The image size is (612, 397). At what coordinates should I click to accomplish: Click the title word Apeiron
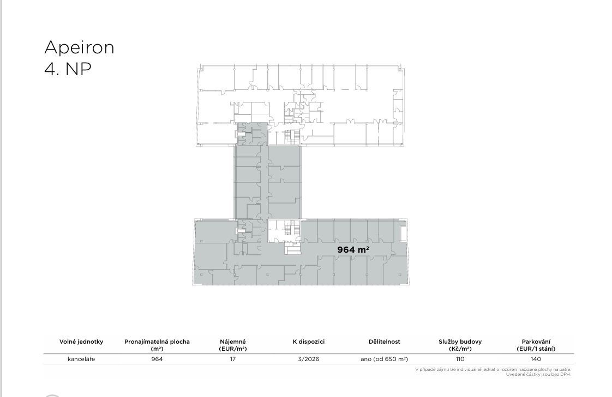click(x=79, y=48)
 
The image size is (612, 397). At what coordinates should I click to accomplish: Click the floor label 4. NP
click(x=68, y=69)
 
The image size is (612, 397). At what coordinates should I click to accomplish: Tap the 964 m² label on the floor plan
click(x=353, y=249)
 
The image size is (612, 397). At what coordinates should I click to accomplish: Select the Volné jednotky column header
click(x=81, y=341)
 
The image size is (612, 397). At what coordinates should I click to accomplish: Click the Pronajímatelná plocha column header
click(x=157, y=345)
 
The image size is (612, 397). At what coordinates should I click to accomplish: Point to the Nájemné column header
click(x=233, y=345)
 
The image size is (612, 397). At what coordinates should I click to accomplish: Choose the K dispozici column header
click(x=309, y=341)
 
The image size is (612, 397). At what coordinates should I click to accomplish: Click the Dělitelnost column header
click(x=385, y=341)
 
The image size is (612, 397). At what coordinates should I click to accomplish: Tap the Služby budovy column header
click(x=460, y=345)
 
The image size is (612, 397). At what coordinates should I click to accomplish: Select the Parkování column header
click(x=536, y=345)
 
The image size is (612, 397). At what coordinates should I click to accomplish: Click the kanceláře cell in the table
click(x=81, y=359)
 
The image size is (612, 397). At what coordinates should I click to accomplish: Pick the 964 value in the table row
click(x=157, y=359)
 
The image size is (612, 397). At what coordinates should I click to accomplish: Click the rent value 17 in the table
click(x=233, y=359)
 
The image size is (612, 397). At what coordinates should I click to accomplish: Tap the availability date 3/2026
click(x=309, y=359)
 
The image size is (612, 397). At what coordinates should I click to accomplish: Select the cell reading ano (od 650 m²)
click(x=385, y=359)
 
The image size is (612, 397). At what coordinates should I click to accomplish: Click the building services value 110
click(x=460, y=359)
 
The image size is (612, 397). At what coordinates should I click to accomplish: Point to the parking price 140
click(x=536, y=359)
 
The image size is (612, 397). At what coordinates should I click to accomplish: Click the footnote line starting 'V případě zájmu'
click(x=493, y=369)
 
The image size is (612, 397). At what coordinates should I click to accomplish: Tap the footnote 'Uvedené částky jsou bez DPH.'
click(x=538, y=375)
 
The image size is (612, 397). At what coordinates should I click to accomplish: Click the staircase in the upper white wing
click(x=291, y=136)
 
